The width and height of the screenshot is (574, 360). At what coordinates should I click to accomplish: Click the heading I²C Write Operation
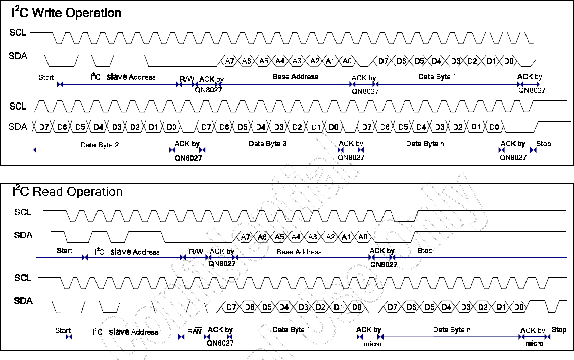pyautogui.click(x=66, y=13)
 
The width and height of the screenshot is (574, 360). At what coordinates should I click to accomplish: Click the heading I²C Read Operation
pyautogui.click(x=67, y=192)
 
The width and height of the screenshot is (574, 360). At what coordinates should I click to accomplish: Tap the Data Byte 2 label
pyautogui.click(x=100, y=145)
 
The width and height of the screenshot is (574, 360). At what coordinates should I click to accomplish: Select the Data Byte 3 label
pyautogui.click(x=268, y=144)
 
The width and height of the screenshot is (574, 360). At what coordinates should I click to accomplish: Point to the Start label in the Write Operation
pyautogui.click(x=46, y=77)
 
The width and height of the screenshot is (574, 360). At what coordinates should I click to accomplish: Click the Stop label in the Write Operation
pyautogui.click(x=543, y=144)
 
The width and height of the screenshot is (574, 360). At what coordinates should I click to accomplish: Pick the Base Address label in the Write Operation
pyautogui.click(x=295, y=77)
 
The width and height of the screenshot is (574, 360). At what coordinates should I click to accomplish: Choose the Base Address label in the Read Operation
pyautogui.click(x=299, y=251)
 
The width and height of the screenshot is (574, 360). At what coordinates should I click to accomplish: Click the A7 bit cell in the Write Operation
pyautogui.click(x=229, y=61)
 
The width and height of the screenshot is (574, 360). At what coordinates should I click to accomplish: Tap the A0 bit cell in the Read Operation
pyautogui.click(x=362, y=237)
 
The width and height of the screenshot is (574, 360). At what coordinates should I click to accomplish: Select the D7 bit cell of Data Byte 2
pyautogui.click(x=44, y=127)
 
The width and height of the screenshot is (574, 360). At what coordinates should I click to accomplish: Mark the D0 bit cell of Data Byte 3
pyautogui.click(x=332, y=127)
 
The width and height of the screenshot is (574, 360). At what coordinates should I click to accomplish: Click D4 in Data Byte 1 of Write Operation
pyautogui.click(x=436, y=61)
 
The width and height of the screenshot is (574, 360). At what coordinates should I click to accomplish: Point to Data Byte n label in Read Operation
pyautogui.click(x=452, y=329)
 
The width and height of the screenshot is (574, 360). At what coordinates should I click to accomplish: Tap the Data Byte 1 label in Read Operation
pyautogui.click(x=292, y=329)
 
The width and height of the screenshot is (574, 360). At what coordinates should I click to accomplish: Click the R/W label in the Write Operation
pyautogui.click(x=187, y=79)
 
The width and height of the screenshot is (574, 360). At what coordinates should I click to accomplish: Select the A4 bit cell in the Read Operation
pyautogui.click(x=296, y=237)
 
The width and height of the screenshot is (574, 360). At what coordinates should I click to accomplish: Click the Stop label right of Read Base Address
pyautogui.click(x=424, y=251)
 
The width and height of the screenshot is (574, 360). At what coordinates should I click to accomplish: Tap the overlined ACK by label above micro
pyautogui.click(x=533, y=330)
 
